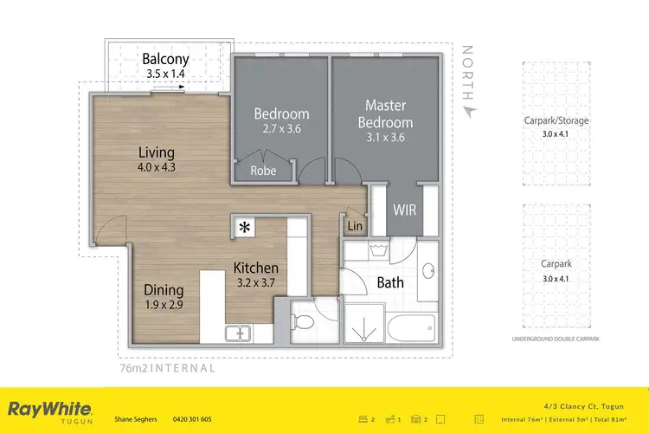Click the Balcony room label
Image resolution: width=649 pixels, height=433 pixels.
[x=165, y=59]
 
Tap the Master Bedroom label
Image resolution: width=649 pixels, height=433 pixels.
[x=386, y=113]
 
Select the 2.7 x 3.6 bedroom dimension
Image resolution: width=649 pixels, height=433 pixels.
[x=281, y=129]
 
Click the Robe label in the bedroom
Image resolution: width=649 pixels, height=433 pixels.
[x=263, y=171]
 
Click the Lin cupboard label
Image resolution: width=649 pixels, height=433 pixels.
[x=355, y=226]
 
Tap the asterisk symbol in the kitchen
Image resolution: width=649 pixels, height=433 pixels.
[x=245, y=228]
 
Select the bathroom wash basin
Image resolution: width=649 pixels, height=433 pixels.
[x=427, y=271]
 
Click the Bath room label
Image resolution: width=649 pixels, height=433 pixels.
[x=390, y=283]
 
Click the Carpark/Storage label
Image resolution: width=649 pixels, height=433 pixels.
[x=562, y=120]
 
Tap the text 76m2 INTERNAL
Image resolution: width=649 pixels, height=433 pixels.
[x=165, y=367]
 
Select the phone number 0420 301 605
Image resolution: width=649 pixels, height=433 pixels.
[x=192, y=419]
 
